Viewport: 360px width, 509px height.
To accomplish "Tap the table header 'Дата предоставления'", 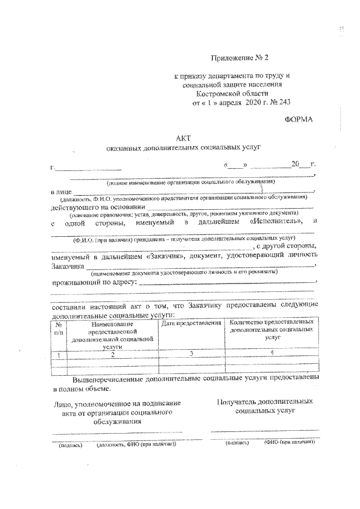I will click(x=191, y=324).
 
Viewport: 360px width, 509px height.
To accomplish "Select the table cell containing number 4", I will click(x=272, y=353).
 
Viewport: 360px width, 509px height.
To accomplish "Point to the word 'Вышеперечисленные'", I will click(x=107, y=379).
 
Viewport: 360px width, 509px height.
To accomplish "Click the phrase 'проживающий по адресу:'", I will click(x=93, y=282).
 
